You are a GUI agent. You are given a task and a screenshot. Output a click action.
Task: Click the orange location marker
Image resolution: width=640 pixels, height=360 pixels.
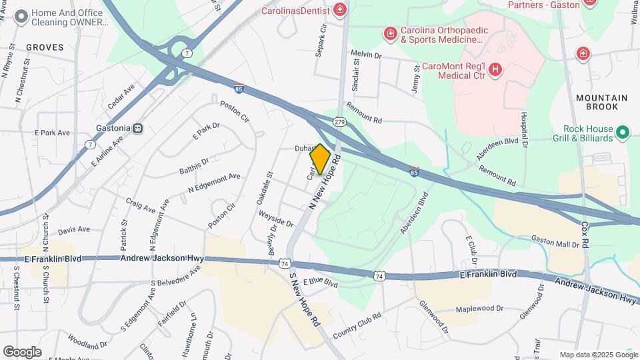click(x=320, y=159)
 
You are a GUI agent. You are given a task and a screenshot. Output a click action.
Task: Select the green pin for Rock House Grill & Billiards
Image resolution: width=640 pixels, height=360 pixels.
click(x=623, y=133)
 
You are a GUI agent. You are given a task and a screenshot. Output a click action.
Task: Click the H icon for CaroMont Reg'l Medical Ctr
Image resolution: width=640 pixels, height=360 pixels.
click(x=495, y=69)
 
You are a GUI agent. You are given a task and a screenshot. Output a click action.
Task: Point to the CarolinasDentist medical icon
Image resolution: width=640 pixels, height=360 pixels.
click(x=340, y=10)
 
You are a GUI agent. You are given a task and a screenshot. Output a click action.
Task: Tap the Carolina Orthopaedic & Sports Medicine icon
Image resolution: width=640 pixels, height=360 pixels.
click(x=390, y=33)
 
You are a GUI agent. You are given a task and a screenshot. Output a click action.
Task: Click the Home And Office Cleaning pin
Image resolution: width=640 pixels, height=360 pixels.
click(x=21, y=16)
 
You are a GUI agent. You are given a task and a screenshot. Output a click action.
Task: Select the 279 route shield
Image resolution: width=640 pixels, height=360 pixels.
click(x=340, y=121)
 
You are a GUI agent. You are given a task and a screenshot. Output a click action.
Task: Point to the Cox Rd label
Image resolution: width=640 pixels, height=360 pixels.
click(x=585, y=235)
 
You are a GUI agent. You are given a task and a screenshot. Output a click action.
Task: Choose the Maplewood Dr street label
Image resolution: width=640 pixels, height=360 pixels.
click(x=479, y=309)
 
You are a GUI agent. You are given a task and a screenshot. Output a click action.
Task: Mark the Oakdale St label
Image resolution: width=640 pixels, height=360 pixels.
click(x=270, y=184)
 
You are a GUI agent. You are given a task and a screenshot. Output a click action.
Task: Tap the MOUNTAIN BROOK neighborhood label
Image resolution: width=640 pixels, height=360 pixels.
click(x=602, y=102)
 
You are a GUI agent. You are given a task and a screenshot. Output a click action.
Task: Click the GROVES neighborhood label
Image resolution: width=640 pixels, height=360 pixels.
click(x=45, y=47)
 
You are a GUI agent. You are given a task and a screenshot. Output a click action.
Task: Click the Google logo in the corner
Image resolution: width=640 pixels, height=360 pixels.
click(x=22, y=351)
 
